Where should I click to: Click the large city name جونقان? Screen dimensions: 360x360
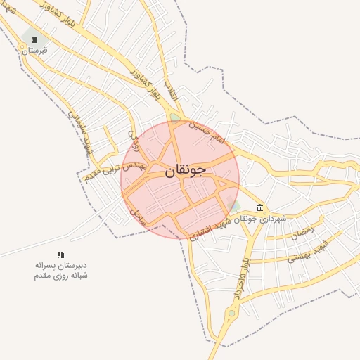click(x=186, y=170)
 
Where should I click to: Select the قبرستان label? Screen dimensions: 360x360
click(x=34, y=51)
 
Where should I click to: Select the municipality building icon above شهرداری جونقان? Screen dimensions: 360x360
click(x=261, y=208)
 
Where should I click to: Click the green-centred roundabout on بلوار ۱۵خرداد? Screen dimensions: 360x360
click(x=231, y=313)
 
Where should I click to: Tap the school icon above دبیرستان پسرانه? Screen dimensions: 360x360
click(x=60, y=255)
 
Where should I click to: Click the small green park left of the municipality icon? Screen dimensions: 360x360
click(x=234, y=205)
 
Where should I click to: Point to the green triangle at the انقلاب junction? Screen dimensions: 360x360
click(x=175, y=118)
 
